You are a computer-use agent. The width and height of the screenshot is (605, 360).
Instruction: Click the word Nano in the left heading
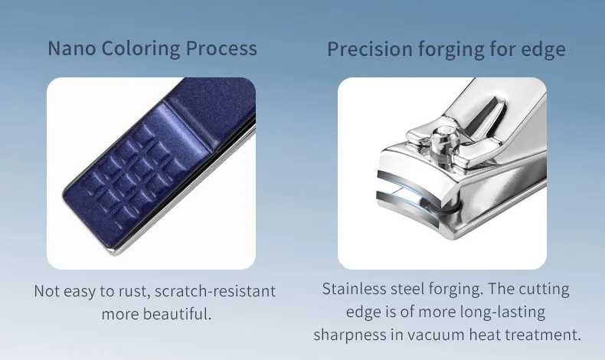[x=72, y=48]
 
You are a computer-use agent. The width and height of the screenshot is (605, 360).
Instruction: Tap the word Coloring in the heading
[x=141, y=49]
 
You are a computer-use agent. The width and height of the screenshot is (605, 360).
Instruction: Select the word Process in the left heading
[x=221, y=48]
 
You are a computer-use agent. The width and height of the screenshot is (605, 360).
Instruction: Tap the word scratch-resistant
[x=215, y=291]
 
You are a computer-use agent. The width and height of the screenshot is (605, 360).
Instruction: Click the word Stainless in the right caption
[x=354, y=289]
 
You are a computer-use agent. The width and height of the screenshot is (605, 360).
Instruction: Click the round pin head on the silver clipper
[x=443, y=136]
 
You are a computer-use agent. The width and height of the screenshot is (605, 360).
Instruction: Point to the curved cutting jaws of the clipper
[x=409, y=201]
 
